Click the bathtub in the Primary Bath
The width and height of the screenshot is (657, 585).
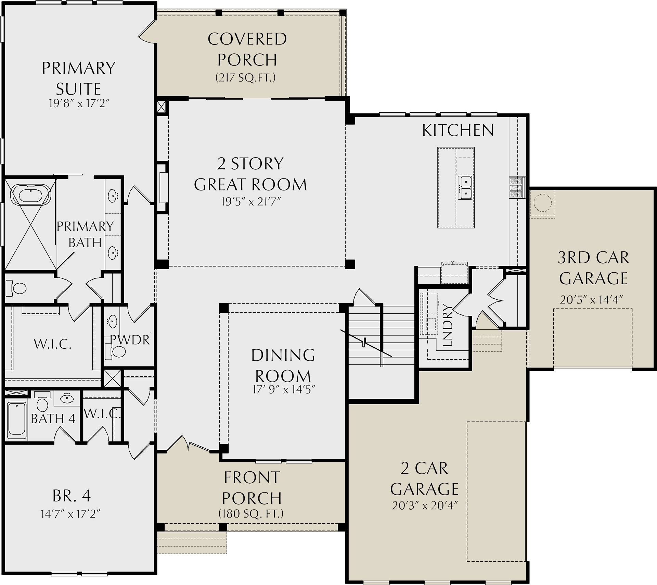[30, 195]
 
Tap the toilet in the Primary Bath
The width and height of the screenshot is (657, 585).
[16, 288]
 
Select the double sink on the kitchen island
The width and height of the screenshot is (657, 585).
[466, 188]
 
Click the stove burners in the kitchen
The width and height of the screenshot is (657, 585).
[517, 188]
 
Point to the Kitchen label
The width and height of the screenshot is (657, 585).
[458, 130]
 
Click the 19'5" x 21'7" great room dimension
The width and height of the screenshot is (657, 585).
[251, 202]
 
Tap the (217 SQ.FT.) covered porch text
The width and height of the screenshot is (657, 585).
[245, 78]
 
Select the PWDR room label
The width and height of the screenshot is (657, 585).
[130, 340]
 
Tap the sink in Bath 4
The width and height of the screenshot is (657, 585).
[66, 398]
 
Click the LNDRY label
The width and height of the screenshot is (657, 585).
[447, 325]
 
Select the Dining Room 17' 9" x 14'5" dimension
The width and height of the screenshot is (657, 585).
[284, 389]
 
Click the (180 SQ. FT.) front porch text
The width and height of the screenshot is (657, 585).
[251, 514]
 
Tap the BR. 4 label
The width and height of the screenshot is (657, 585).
[72, 496]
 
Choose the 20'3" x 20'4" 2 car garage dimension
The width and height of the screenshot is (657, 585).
[425, 506]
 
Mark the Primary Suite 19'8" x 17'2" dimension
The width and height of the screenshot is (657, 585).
[79, 103]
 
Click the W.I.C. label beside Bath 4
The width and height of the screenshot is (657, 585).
[102, 414]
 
